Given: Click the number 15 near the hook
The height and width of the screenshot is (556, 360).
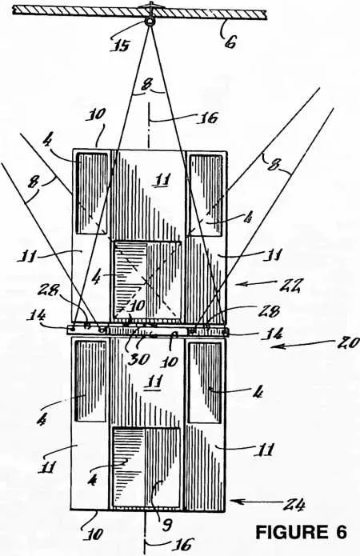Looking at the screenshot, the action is (x=121, y=45).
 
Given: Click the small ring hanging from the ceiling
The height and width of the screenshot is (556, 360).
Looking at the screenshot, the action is (x=150, y=22).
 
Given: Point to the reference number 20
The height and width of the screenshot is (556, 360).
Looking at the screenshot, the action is (x=346, y=344).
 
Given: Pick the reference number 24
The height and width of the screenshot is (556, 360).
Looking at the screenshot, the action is (x=294, y=504).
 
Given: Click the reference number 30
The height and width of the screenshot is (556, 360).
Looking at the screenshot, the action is (x=138, y=359).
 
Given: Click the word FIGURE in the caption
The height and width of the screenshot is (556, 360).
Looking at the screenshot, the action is (x=291, y=532).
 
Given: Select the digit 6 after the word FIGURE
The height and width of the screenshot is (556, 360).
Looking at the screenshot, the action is (x=341, y=532).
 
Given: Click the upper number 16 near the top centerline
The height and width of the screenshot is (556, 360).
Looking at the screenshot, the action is (x=207, y=118).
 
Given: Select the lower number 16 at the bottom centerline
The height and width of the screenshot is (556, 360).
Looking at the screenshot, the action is (x=183, y=545).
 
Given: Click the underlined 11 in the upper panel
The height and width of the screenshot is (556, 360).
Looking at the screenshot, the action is (x=162, y=180).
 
